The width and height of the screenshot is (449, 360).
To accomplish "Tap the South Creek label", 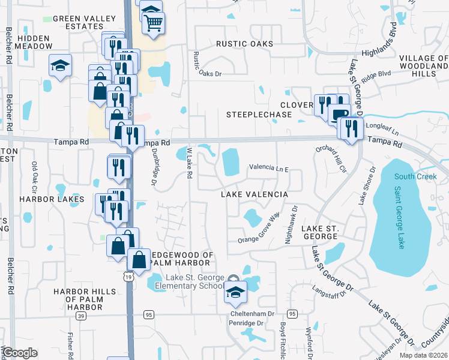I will (x=413, y=176).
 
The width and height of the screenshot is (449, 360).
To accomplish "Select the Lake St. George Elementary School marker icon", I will (x=235, y=292).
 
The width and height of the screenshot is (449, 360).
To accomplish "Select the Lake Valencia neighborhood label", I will (x=255, y=195).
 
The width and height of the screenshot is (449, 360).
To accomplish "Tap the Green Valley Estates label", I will (x=84, y=22).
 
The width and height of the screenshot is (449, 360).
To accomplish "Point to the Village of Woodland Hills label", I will (x=424, y=65).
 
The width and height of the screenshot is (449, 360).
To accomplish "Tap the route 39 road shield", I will (x=82, y=316).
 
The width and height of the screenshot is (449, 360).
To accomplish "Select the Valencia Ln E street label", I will (x=268, y=169).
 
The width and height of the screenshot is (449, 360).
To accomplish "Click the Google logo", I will (x=20, y=353).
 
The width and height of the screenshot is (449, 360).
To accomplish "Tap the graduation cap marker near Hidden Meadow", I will (x=60, y=66).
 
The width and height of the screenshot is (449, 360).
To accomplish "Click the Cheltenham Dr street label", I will (x=252, y=314).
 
